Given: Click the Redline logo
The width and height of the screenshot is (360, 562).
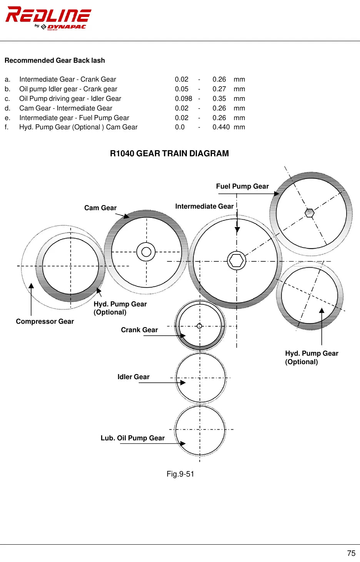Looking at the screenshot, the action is click(48, 18).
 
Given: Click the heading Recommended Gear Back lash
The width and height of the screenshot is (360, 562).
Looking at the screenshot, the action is click(55, 60).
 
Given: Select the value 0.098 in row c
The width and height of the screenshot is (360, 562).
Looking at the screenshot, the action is click(183, 99).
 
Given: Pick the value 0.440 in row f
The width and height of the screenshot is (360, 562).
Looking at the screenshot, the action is click(221, 127).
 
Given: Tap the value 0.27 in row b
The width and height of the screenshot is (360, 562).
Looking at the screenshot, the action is click(219, 89).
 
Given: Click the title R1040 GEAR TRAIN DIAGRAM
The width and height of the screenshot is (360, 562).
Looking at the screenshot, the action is click(170, 153).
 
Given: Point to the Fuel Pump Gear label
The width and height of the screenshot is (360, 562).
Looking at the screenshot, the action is click(242, 186).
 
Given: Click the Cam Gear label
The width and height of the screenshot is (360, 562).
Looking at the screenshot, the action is click(100, 208).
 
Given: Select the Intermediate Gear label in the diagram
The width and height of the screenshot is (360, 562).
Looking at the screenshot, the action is click(204, 206).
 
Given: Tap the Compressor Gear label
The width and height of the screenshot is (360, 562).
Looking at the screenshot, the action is click(45, 321).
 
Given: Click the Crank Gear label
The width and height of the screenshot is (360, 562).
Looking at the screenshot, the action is click(139, 330).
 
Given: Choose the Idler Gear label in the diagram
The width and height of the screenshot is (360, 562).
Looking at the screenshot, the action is click(133, 377).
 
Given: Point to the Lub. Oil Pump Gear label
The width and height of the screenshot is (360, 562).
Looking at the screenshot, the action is click(133, 438).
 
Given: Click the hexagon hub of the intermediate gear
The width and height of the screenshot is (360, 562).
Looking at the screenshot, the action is click(237, 261).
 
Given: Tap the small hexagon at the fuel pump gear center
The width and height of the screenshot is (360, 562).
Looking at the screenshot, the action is click(310, 213).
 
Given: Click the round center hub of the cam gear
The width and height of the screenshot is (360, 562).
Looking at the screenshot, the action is click(146, 252).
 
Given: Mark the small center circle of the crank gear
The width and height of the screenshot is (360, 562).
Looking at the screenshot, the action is click(200, 326).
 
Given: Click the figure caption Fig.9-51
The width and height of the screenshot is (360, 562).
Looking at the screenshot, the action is click(180, 474).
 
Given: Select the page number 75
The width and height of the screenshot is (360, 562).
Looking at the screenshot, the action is click(351, 553).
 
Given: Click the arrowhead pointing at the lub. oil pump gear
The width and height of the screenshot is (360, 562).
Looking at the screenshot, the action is click(183, 443).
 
